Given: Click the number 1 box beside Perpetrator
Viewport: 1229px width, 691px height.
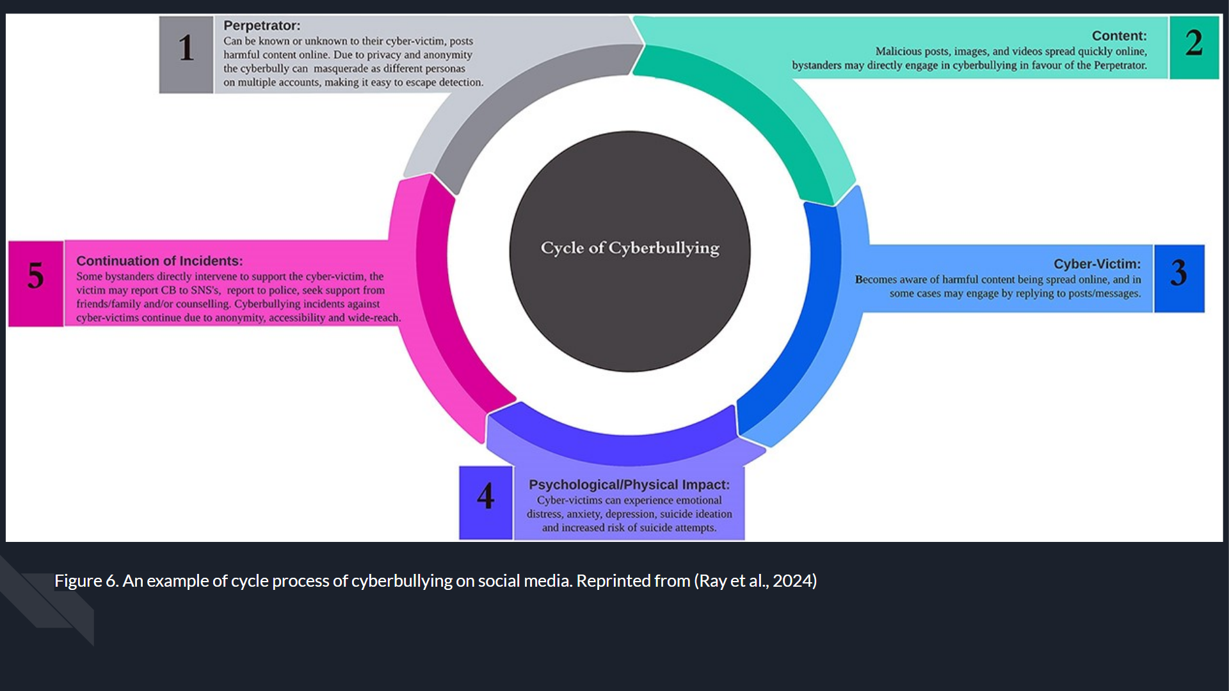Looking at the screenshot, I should (186, 54).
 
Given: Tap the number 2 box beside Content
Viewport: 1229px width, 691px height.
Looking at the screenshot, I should (1194, 47).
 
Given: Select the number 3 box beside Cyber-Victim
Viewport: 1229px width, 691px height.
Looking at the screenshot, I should (1178, 278).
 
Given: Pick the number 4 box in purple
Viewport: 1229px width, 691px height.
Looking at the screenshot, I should (486, 502).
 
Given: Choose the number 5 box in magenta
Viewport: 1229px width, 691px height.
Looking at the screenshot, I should (36, 283).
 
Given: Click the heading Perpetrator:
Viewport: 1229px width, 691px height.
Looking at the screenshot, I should (262, 26).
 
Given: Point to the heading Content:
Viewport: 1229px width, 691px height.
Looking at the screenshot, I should (1119, 36).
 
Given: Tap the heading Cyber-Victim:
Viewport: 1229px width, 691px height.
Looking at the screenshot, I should (1097, 264).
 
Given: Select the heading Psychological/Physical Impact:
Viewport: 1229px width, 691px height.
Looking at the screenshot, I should (629, 484).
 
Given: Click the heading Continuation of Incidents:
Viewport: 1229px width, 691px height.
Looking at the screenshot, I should (159, 261).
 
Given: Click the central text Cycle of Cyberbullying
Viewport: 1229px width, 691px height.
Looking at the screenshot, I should (630, 248).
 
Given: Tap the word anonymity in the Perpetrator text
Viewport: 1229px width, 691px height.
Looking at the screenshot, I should (447, 55).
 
